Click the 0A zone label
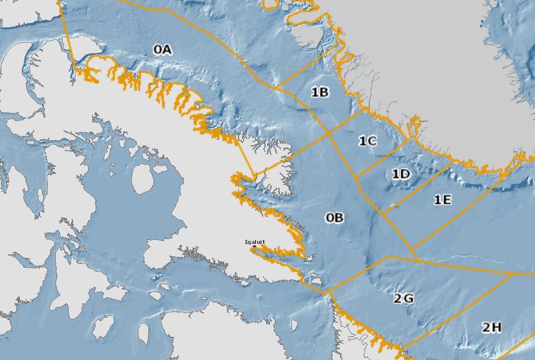162,49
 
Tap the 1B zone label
320,92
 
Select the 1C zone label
368,141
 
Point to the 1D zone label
401,174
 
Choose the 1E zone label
442,200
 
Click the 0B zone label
335,218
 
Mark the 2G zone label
403,299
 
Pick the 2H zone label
491,327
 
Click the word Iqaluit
255,242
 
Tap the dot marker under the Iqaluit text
255,247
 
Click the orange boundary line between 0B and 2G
356,273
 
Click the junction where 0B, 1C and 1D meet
356,177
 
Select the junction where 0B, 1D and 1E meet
383,214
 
